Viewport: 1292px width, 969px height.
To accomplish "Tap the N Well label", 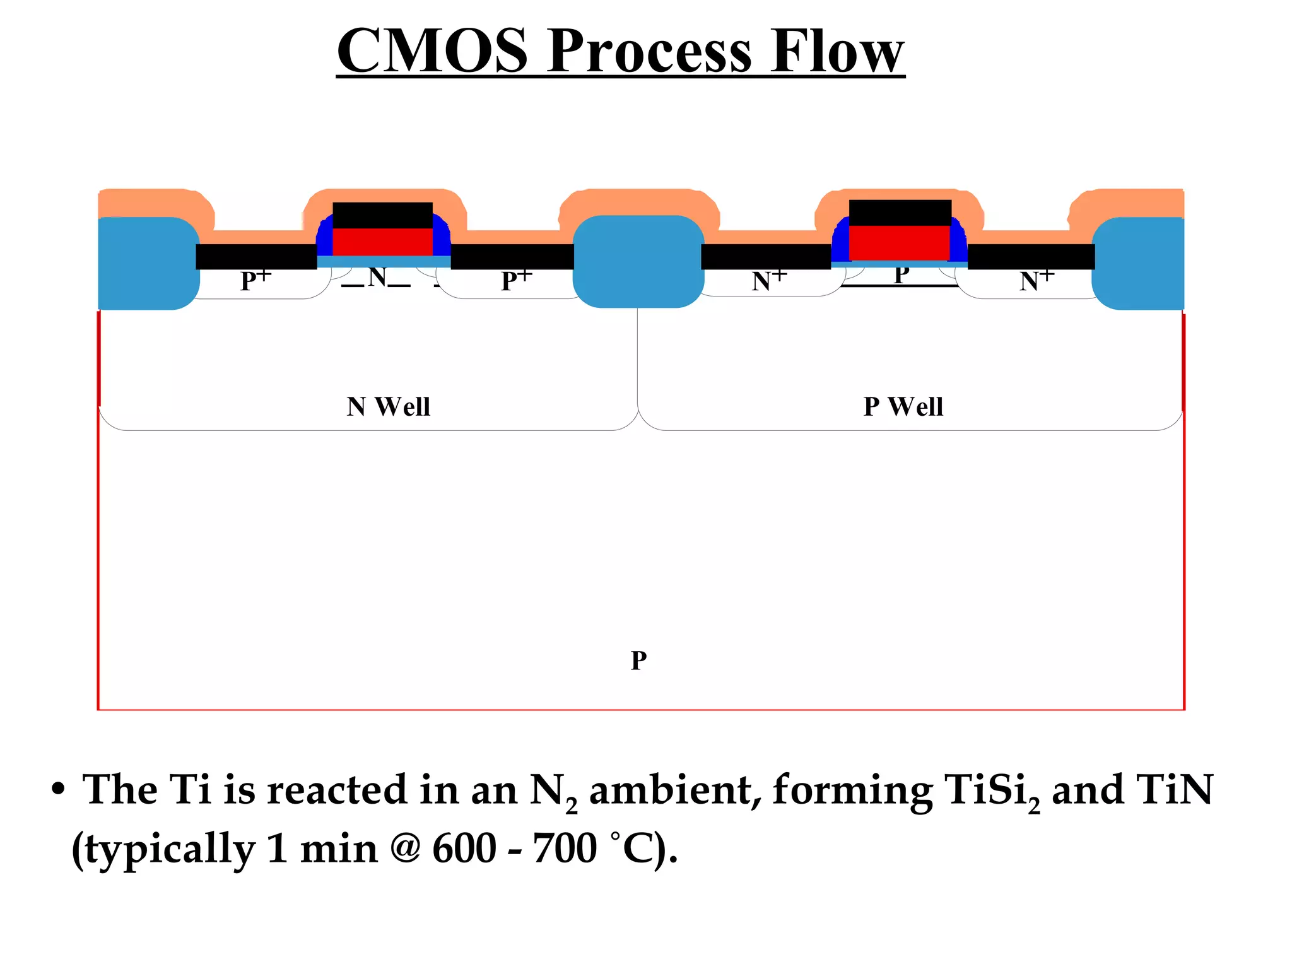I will [388, 407].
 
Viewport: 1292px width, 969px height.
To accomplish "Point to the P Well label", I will [903, 407].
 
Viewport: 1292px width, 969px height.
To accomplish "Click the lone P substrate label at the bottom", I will [638, 661].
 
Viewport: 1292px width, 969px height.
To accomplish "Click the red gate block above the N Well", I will [382, 242].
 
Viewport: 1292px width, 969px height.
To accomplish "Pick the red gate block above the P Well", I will [899, 242].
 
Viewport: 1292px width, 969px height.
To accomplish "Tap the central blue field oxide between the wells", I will [638, 262].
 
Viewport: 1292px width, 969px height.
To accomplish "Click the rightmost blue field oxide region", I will [1139, 264].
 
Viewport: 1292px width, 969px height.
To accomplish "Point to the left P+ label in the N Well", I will [255, 280].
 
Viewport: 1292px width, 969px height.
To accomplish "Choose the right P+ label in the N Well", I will [516, 280].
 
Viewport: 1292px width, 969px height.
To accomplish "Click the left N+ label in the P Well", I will [769, 280].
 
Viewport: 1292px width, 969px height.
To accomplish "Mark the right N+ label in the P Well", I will [1037, 280].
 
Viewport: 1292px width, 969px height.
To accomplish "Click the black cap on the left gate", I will [382, 215].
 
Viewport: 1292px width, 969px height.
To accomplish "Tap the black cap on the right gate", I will [900, 213].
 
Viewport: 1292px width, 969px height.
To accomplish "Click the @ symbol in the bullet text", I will [405, 849].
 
